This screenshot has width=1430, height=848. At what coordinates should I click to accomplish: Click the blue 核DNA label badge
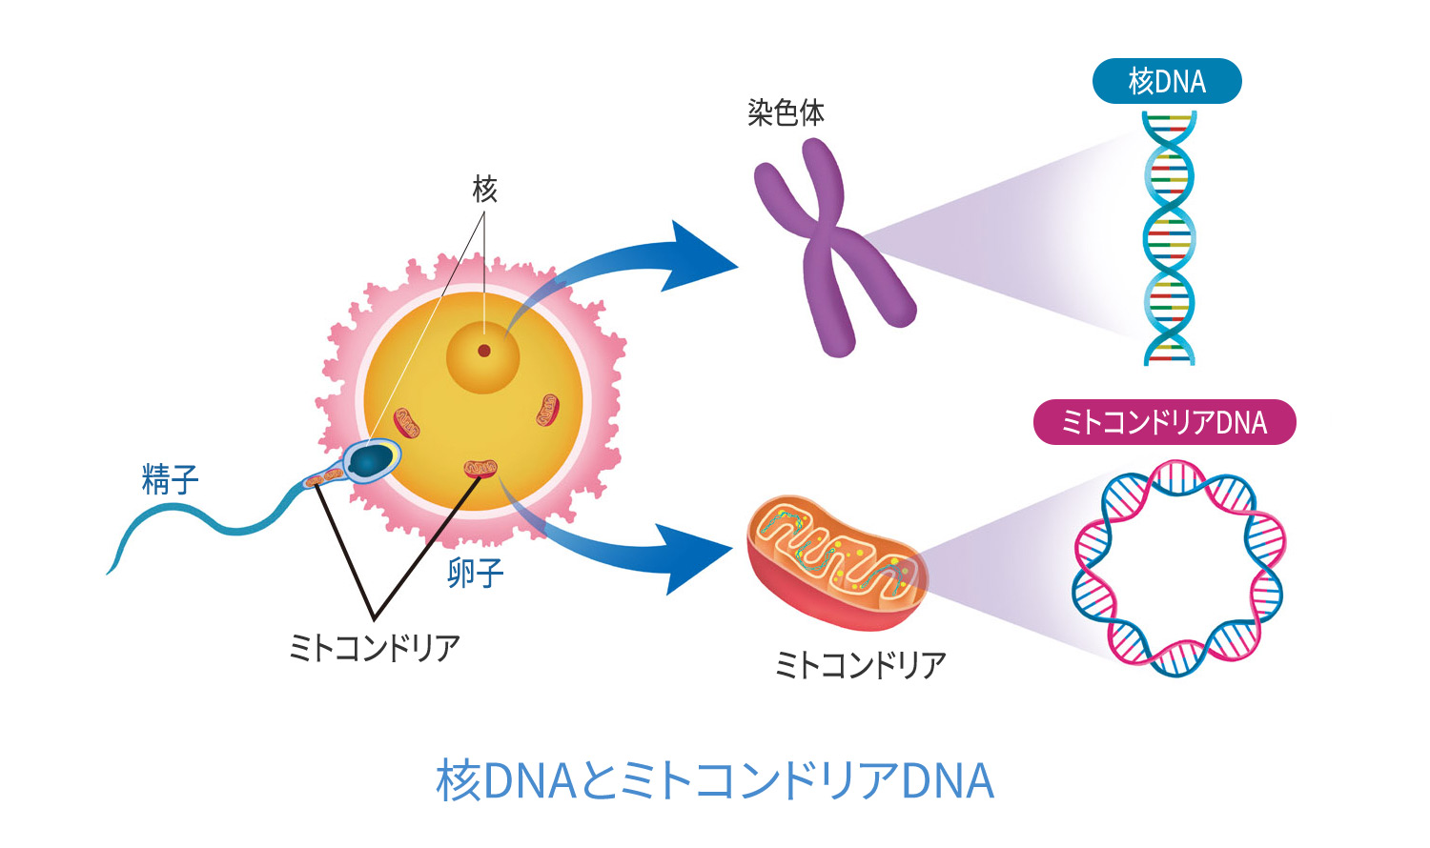coord(1166,82)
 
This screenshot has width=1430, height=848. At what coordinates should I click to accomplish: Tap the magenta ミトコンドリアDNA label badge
coord(1164,423)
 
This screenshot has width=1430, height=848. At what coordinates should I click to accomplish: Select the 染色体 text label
coord(786,113)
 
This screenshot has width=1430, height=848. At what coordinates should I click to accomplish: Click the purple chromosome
coord(829,248)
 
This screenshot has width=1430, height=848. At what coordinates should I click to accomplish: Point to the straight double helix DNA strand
coord(1169,238)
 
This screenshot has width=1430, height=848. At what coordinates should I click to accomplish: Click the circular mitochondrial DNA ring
coord(1179,569)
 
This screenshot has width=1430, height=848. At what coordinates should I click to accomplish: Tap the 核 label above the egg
coord(484,190)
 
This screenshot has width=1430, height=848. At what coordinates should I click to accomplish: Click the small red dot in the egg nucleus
coord(484,351)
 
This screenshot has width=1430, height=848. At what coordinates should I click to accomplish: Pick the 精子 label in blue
coord(170,479)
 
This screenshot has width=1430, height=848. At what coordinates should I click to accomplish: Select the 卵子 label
coord(475,574)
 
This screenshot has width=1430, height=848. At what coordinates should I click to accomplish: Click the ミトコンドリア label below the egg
coord(375,649)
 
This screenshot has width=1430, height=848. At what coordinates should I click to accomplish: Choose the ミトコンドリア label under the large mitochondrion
coord(860,665)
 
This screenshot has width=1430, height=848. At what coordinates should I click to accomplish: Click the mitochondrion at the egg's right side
coord(546,411)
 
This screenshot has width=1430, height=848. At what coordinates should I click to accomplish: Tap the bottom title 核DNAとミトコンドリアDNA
coord(715,781)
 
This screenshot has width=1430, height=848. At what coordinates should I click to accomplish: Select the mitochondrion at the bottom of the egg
coord(480,469)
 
